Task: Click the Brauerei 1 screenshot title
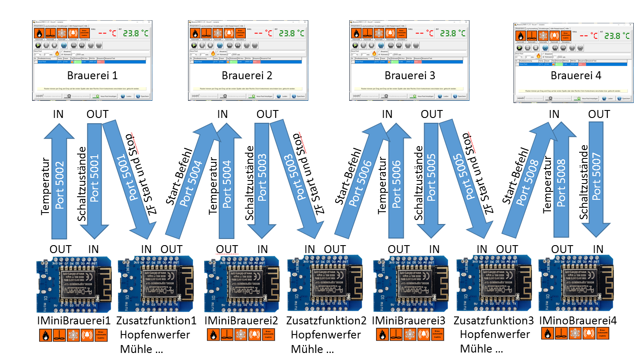(x=92, y=76)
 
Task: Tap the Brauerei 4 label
(x=576, y=76)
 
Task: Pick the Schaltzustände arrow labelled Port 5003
(x=262, y=176)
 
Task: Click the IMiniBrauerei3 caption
(x=408, y=320)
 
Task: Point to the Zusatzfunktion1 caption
(x=156, y=320)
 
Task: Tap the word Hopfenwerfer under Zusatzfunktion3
(x=495, y=334)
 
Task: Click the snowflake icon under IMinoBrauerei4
(x=575, y=334)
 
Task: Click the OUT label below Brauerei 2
(x=267, y=114)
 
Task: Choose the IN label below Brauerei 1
(x=58, y=114)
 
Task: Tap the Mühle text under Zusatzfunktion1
(x=141, y=349)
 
